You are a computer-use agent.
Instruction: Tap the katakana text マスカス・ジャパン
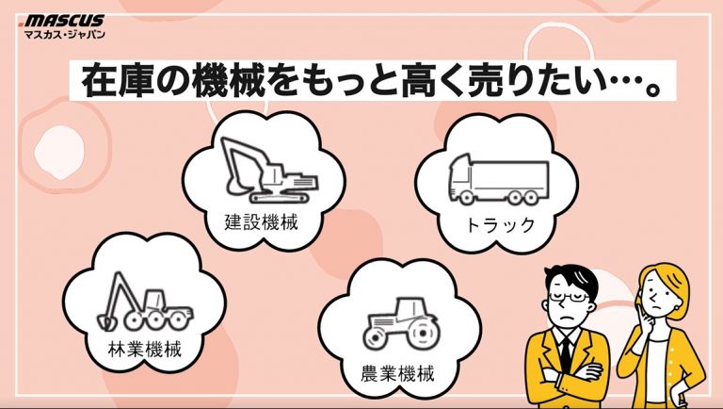(65, 34)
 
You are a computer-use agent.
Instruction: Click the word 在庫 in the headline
(118, 81)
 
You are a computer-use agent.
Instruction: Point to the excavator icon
(269, 171)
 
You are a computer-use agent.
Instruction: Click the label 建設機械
(262, 222)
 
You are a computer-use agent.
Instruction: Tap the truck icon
(499, 179)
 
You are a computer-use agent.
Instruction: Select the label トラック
(500, 225)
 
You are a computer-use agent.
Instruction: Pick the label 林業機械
(145, 349)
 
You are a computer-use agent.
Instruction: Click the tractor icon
(400, 323)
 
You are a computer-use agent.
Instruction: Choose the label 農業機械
(397, 373)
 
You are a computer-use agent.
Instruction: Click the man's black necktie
(565, 354)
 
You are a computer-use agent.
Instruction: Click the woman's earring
(677, 308)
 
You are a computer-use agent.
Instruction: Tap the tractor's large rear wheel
(422, 334)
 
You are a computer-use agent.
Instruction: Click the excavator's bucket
(235, 185)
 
